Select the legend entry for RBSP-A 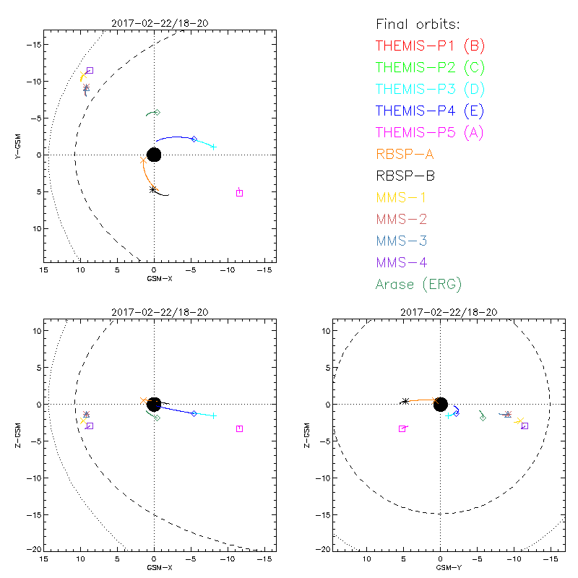click(x=405, y=153)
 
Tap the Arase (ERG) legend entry click(x=418, y=284)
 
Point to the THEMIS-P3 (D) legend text click(x=430, y=90)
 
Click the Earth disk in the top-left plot click(x=154, y=155)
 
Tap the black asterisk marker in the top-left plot click(x=153, y=189)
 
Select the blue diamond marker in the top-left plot click(x=194, y=139)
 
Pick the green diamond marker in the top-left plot click(x=157, y=112)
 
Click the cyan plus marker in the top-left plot click(x=213, y=147)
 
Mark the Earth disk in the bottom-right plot click(x=440, y=404)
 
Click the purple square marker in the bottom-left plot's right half click(x=239, y=428)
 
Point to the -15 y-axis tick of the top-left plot click(x=33, y=45)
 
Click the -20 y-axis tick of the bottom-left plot click(x=33, y=550)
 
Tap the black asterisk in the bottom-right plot click(x=405, y=402)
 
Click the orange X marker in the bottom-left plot click(x=144, y=400)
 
